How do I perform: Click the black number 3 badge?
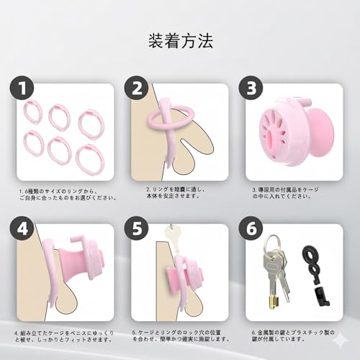point(251,89)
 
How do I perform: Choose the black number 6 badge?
point(251,228)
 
